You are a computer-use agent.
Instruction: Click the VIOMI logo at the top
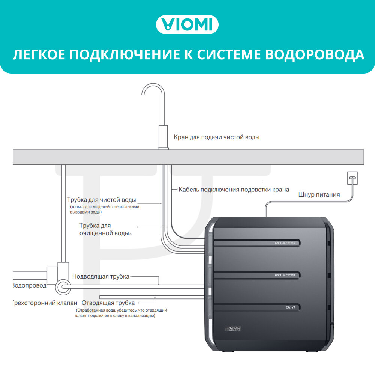(x=187, y=25)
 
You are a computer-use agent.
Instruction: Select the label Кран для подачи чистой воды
(x=216, y=137)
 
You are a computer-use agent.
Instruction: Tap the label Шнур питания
(x=319, y=194)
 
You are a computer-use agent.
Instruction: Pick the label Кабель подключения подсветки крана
(x=234, y=190)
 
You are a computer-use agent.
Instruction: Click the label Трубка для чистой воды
(x=101, y=199)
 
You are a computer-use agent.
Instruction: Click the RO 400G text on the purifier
(x=285, y=243)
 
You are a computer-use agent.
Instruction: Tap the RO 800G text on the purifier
(x=285, y=276)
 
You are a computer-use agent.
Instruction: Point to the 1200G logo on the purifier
(x=232, y=329)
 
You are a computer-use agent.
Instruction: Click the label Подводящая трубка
(x=100, y=276)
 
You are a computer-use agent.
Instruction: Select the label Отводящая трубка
(x=108, y=303)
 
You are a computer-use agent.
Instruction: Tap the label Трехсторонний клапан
(x=45, y=303)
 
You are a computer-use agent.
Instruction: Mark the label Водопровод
(x=29, y=285)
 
